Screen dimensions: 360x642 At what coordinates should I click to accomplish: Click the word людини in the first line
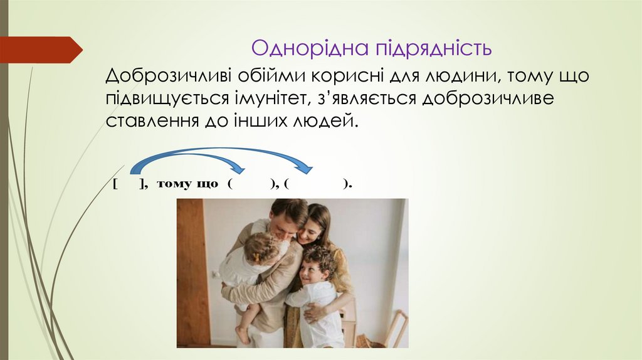pos(463,76)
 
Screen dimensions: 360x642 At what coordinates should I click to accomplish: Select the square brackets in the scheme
pos(130,184)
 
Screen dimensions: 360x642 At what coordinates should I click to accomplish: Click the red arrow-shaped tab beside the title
pos(41,49)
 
